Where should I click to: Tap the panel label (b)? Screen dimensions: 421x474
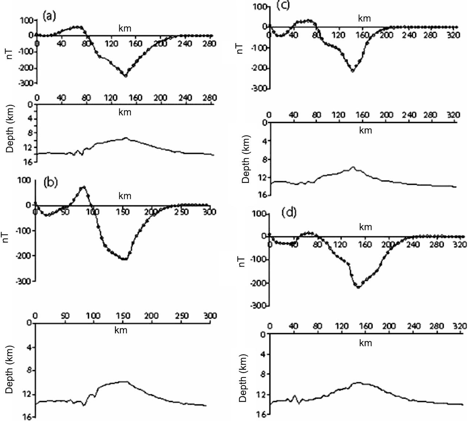(x=50, y=183)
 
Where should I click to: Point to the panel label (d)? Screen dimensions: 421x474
(x=289, y=213)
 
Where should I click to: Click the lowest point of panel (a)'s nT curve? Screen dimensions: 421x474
(x=126, y=76)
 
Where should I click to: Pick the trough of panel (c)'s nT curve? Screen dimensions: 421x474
(x=352, y=70)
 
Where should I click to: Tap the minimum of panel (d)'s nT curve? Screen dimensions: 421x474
(x=358, y=287)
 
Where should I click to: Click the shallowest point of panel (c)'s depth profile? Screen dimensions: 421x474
(x=353, y=167)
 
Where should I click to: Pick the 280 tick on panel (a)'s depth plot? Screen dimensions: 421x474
(x=210, y=98)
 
